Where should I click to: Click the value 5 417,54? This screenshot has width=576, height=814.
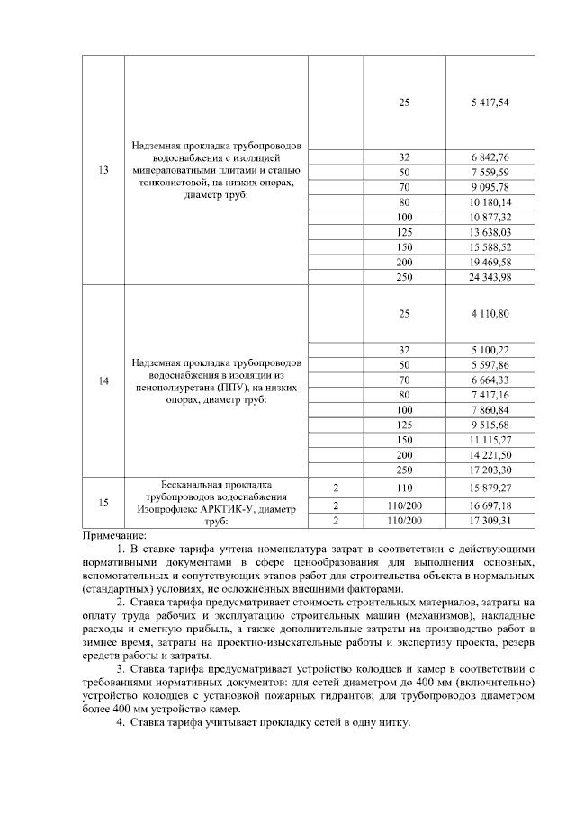490,103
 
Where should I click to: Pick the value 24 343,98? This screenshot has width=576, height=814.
490,276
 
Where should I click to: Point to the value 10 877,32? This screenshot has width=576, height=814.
490,218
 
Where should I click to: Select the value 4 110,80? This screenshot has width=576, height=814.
490,313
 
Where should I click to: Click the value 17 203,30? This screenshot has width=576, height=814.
490,470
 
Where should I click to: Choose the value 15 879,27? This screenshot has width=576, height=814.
490,487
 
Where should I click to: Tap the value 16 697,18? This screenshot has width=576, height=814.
490,504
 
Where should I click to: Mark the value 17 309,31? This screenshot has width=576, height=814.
490,520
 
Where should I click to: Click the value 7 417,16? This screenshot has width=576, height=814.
490,394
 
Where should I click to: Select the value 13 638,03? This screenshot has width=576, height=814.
490,232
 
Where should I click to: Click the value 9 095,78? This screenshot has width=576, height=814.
490,186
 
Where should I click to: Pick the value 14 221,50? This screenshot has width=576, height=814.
490,455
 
